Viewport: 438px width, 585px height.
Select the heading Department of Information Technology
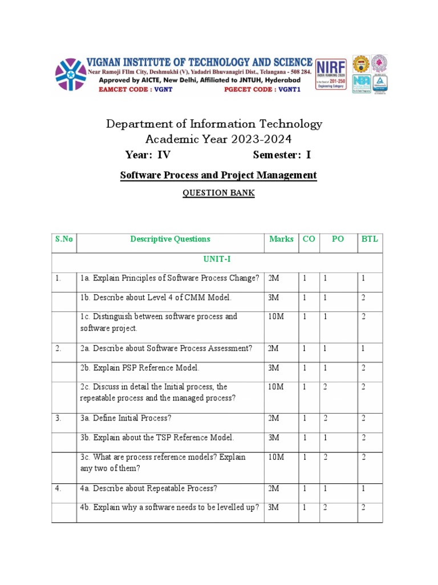pos(214,124)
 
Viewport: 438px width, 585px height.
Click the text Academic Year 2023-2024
pos(214,139)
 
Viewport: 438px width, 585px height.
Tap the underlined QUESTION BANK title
pos(218,193)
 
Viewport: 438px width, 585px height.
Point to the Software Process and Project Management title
pos(218,175)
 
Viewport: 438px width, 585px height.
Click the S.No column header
pos(64,239)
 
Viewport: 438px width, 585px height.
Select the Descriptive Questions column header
pos(170,239)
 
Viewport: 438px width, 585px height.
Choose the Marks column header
pos(281,239)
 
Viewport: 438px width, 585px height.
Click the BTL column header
pos(370,239)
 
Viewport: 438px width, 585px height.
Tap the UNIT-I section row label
pos(217,259)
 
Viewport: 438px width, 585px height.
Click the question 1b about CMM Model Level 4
pos(156,298)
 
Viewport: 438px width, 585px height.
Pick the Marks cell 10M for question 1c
pos(276,316)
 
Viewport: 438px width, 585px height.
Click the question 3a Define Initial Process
pos(125,418)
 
